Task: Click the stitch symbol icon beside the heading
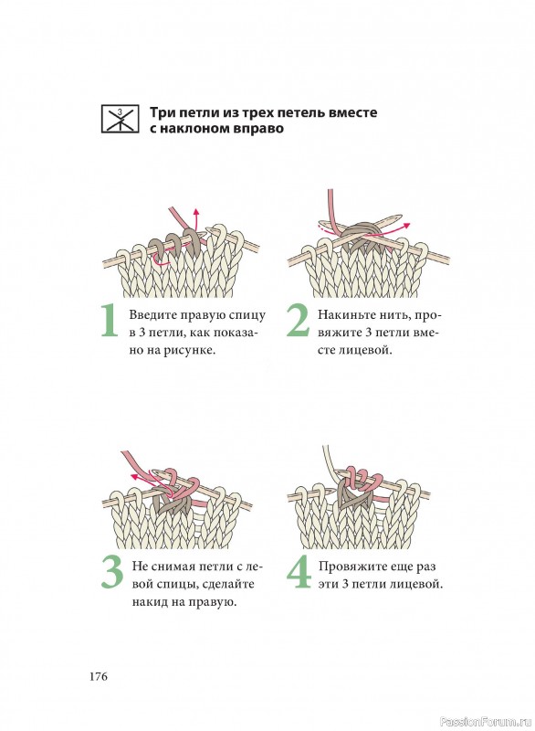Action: [121, 119]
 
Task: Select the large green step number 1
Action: [110, 321]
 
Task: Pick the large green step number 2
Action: [298, 321]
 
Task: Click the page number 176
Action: [99, 676]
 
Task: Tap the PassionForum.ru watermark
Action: [486, 721]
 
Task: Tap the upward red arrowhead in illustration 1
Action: [196, 213]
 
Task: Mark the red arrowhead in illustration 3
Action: [134, 476]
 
